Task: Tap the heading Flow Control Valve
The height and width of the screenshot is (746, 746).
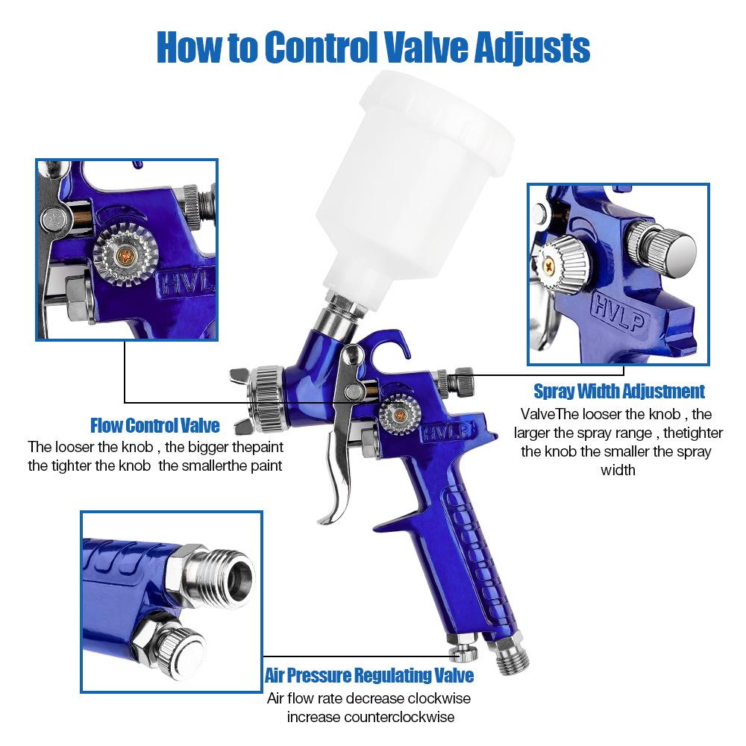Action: pyautogui.click(x=155, y=426)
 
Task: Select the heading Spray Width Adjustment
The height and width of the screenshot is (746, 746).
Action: pyautogui.click(x=619, y=392)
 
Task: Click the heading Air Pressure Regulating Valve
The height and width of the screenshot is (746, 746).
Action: pyautogui.click(x=369, y=676)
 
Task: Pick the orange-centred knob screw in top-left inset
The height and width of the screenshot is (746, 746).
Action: pyautogui.click(x=125, y=256)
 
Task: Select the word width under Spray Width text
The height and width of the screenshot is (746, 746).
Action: pyautogui.click(x=618, y=470)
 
